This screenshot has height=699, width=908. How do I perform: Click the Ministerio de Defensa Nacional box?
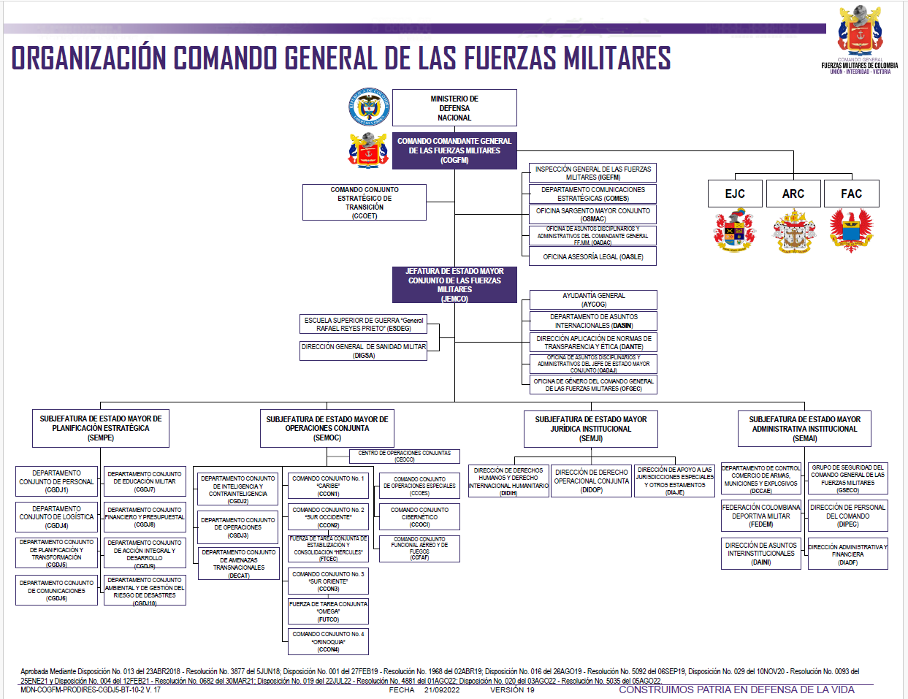(x=454, y=108)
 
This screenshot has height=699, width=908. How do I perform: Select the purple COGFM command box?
(x=454, y=150)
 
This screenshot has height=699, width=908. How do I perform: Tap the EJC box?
(x=735, y=194)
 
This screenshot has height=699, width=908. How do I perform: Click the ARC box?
(x=793, y=194)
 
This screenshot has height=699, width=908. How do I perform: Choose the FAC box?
(x=851, y=194)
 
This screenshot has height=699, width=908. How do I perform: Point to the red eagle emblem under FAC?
(x=851, y=229)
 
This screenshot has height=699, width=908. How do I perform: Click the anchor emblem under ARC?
(x=793, y=231)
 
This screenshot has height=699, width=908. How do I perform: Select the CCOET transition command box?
(x=365, y=202)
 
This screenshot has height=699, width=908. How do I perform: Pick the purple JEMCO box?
(x=454, y=285)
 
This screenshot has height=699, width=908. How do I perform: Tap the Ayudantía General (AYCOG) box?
(x=593, y=299)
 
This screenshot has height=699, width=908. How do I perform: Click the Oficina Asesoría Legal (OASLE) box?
(x=593, y=256)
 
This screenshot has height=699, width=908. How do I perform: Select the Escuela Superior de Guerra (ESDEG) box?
(x=363, y=324)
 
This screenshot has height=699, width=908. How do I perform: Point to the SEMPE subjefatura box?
(x=101, y=428)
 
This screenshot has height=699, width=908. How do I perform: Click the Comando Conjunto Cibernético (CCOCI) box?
(x=419, y=517)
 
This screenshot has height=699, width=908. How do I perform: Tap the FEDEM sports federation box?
(x=761, y=516)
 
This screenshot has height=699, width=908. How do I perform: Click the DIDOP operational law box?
(x=592, y=481)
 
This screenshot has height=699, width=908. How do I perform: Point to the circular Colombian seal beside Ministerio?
(x=369, y=107)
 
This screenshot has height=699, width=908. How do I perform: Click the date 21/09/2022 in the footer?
(x=442, y=690)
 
